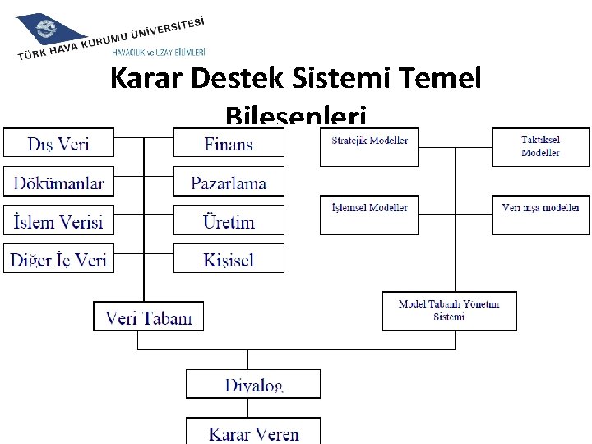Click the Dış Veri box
pyautogui.click(x=58, y=143)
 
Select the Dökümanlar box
pyautogui.click(x=58, y=182)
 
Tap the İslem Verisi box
pyautogui.click(x=58, y=220)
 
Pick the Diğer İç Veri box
pyautogui.click(x=58, y=259)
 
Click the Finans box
pyautogui.click(x=228, y=143)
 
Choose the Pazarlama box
pyautogui.click(x=228, y=182)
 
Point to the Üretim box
pyautogui.click(x=228, y=220)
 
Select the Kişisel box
pyautogui.click(x=228, y=259)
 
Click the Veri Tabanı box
pyautogui.click(x=148, y=317)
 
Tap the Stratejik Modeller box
pyautogui.click(x=369, y=147)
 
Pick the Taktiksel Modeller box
pyautogui.click(x=540, y=147)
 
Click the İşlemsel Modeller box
pyautogui.click(x=369, y=214)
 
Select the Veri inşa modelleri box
pyautogui.click(x=540, y=214)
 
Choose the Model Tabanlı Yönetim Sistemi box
pyautogui.click(x=449, y=311)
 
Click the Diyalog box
pyautogui.click(x=253, y=384)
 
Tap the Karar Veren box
pyautogui.click(x=253, y=431)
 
